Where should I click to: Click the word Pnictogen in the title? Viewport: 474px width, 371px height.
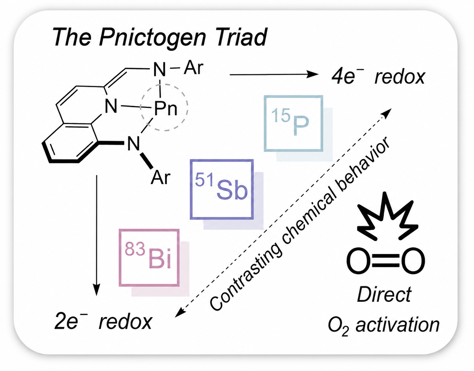pos(153,37)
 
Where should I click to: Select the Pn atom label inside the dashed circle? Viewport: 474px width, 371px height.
pos(166,108)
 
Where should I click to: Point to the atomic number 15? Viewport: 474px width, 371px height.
pos(281,115)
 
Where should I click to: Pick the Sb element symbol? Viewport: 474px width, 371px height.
pos(232,189)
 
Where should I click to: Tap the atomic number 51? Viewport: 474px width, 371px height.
pos(204,179)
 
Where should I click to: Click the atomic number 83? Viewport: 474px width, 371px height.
pos(135,249)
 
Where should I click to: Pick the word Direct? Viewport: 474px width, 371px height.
pos(384,295)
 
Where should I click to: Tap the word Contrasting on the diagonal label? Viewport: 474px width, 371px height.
pos(246,275)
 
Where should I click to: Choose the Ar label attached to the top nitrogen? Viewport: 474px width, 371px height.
pos(194,68)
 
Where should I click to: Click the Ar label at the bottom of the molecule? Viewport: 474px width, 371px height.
pos(160,177)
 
